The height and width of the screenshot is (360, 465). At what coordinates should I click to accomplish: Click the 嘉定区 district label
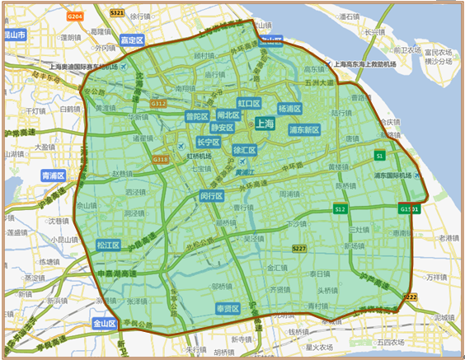pyautogui.click(x=131, y=40)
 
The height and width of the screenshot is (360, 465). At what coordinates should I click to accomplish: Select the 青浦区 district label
pyautogui.click(x=52, y=175)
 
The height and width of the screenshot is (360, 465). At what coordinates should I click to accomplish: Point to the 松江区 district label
pyautogui.click(x=108, y=245)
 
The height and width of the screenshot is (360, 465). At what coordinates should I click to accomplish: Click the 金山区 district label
pyautogui.click(x=106, y=324)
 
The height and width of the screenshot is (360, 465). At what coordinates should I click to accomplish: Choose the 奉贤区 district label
pyautogui.click(x=227, y=309)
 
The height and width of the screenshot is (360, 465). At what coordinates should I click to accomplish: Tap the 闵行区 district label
pyautogui.click(x=211, y=196)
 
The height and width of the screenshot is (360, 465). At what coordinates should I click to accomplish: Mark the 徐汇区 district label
pyautogui.click(x=245, y=151)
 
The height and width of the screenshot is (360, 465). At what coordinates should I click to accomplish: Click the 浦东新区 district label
pyautogui.click(x=304, y=130)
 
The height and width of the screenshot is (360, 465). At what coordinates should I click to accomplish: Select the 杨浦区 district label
pyautogui.click(x=289, y=109)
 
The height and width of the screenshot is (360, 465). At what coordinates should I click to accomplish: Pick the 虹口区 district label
pyautogui.click(x=249, y=104)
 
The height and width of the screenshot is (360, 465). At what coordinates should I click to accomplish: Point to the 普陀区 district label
pyautogui.click(x=197, y=117)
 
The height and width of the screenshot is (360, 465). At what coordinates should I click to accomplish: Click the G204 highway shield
pyautogui.click(x=76, y=16)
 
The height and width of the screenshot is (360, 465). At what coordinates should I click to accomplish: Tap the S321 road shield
pyautogui.click(x=116, y=13)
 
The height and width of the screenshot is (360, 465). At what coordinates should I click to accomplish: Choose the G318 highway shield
pyautogui.click(x=160, y=159)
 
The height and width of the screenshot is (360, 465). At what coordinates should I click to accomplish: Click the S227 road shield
pyautogui.click(x=299, y=248)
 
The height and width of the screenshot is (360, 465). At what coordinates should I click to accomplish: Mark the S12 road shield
pyautogui.click(x=340, y=210)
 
